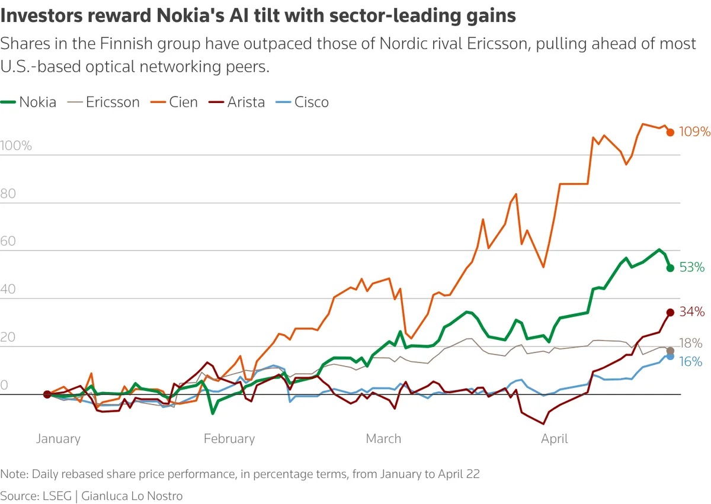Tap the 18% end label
tap(691, 344)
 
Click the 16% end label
tap(691, 361)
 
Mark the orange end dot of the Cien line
tap(670, 133)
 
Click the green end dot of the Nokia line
tap(670, 268)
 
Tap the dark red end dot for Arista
tap(670, 312)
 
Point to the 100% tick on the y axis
tap(17, 146)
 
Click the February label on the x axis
tap(229, 439)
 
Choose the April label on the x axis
tap(555, 439)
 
